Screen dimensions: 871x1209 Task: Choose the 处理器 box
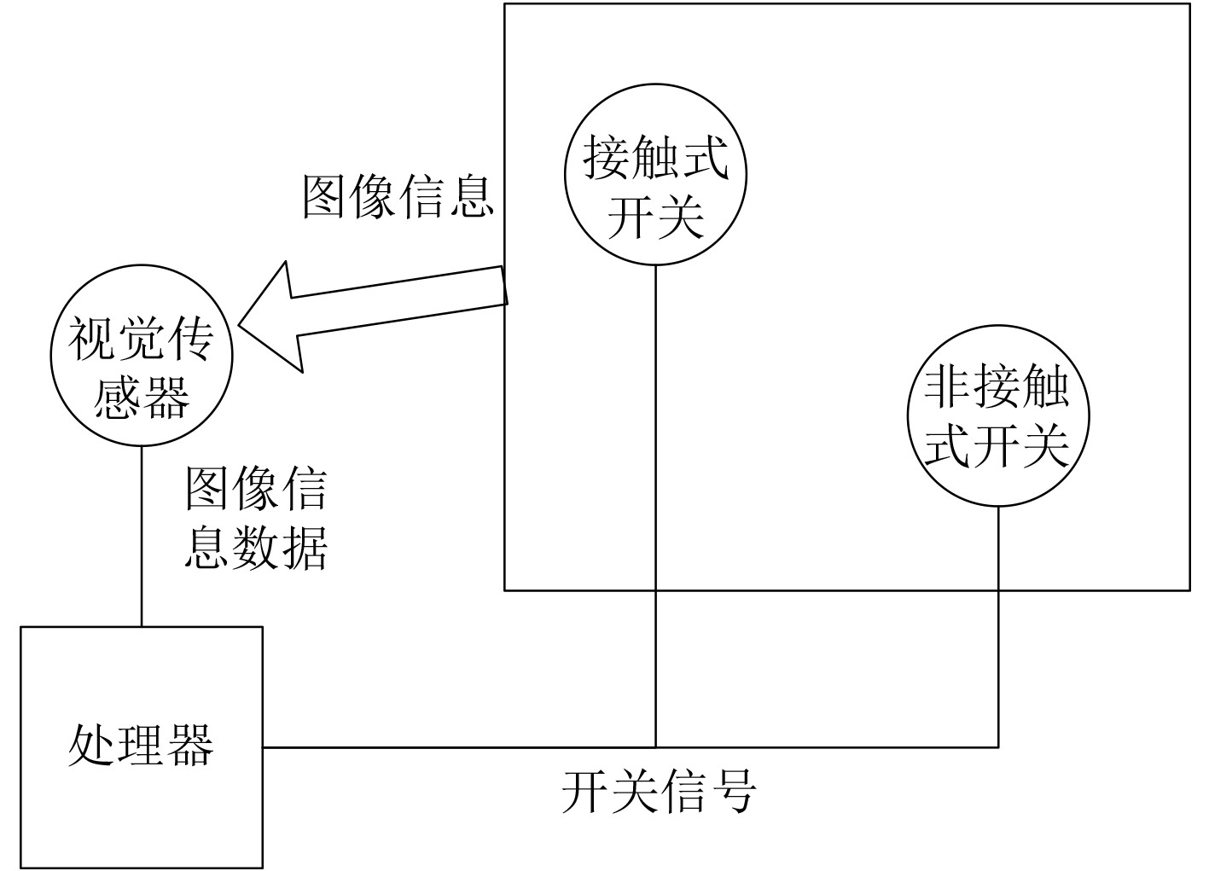(141, 746)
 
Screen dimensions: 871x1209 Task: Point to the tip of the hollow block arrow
(241, 324)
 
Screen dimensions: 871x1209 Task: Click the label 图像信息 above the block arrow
(398, 197)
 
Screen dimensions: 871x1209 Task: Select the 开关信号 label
(659, 792)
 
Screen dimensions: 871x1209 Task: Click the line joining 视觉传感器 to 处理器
(142, 537)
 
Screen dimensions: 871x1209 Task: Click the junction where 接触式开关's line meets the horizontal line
(655, 747)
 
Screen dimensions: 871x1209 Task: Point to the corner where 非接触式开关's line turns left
(998, 747)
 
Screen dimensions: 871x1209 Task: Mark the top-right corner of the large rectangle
(1189, 4)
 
